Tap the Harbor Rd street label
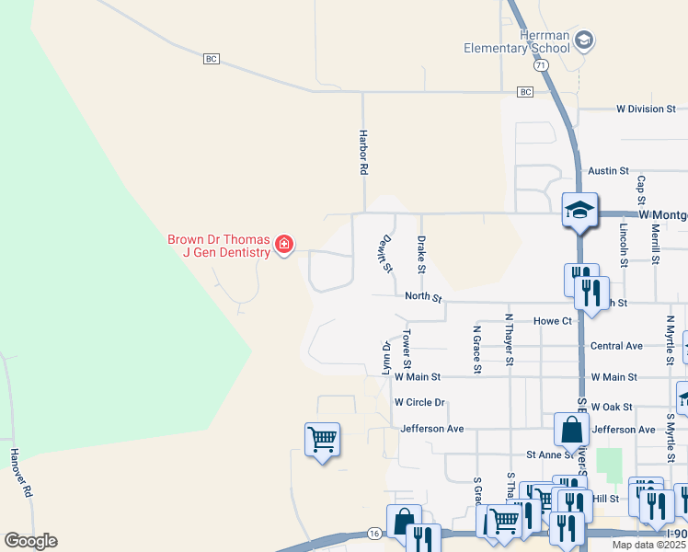pos(363,153)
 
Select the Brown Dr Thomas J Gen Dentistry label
pos(218,246)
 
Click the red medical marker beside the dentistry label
pos(284,245)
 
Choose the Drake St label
pos(421,254)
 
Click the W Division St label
pos(646,109)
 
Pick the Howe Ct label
pos(553,321)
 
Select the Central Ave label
pos(616,347)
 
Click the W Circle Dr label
pos(419,402)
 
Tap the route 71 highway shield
pos(540,65)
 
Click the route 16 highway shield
pos(373,533)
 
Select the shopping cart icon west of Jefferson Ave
pos(322,440)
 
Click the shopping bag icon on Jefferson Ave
pos(572,429)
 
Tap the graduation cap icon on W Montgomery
pos(580,210)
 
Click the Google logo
pos(30,541)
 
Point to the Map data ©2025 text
pos(649,545)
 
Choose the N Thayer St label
pos(508,342)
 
